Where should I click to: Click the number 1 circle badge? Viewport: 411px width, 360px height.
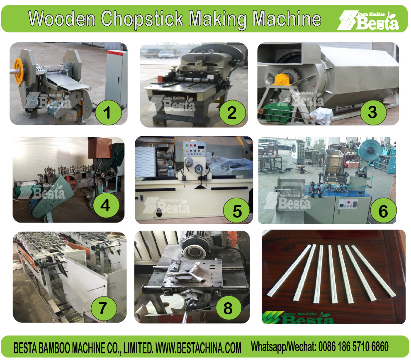pyautogui.click(x=108, y=113)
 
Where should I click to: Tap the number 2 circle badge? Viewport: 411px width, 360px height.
pyautogui.click(x=232, y=113)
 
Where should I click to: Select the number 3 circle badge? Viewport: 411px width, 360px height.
pyautogui.click(x=373, y=112)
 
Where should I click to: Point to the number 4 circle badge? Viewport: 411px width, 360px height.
pyautogui.click(x=106, y=205)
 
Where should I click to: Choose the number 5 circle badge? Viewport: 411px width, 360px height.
pyautogui.click(x=237, y=211)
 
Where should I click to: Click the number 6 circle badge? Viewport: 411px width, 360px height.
pyautogui.click(x=383, y=211)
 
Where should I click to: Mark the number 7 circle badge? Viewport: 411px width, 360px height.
pyautogui.click(x=104, y=309)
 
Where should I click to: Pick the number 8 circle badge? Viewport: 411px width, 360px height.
pyautogui.click(x=229, y=309)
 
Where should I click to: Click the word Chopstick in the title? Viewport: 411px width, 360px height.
pyautogui.click(x=141, y=19)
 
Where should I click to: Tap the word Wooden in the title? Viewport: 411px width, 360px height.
pyautogui.click(x=62, y=19)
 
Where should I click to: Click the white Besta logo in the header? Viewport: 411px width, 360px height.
pyautogui.click(x=368, y=20)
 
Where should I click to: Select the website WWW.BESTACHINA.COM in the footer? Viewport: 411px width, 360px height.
pyautogui.click(x=198, y=348)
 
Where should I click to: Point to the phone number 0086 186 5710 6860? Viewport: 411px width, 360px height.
pyautogui.click(x=353, y=347)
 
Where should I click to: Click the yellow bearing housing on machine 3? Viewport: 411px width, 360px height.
pyautogui.click(x=282, y=79)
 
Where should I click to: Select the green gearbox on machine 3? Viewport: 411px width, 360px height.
pyautogui.click(x=278, y=113)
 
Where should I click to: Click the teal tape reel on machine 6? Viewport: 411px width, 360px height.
pyautogui.click(x=370, y=150)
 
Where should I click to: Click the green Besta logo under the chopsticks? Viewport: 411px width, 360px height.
pyautogui.click(x=298, y=318)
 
